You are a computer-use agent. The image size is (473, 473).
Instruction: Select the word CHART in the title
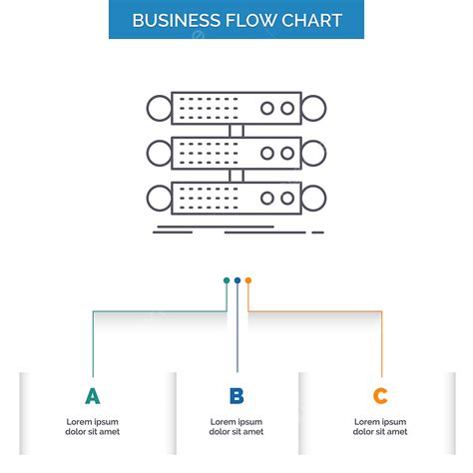pyautogui.click(x=307, y=20)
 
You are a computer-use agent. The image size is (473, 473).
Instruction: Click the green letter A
pyautogui.click(x=93, y=396)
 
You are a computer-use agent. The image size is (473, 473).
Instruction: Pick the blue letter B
pyautogui.click(x=236, y=396)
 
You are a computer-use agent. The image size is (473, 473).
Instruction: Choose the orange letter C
pyautogui.click(x=380, y=396)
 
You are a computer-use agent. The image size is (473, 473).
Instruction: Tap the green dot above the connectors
pyautogui.click(x=227, y=280)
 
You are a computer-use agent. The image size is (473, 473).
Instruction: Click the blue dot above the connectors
pyautogui.click(x=237, y=280)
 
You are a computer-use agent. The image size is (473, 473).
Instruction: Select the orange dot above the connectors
pyautogui.click(x=248, y=280)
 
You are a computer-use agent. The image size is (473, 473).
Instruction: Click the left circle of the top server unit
pyautogui.click(x=159, y=107)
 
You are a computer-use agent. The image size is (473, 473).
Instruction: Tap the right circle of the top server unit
pyautogui.click(x=314, y=107)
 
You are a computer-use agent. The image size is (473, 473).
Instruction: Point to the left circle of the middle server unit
pyautogui.click(x=159, y=153)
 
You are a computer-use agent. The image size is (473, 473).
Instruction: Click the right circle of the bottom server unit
pyautogui.click(x=314, y=197)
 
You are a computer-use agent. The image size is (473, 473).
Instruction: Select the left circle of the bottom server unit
pyautogui.click(x=159, y=197)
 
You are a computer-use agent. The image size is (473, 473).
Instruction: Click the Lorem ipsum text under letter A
pyautogui.click(x=93, y=426)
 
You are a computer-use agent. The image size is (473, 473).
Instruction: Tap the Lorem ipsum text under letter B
pyautogui.click(x=236, y=426)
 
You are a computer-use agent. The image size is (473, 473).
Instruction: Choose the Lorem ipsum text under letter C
pyautogui.click(x=380, y=426)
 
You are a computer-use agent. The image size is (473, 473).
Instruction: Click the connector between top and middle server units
pyautogui.click(x=236, y=130)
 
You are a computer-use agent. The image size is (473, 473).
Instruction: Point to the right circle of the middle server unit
pyautogui.click(x=314, y=153)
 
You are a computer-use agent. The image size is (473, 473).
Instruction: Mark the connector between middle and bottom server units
pyautogui.click(x=236, y=175)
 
